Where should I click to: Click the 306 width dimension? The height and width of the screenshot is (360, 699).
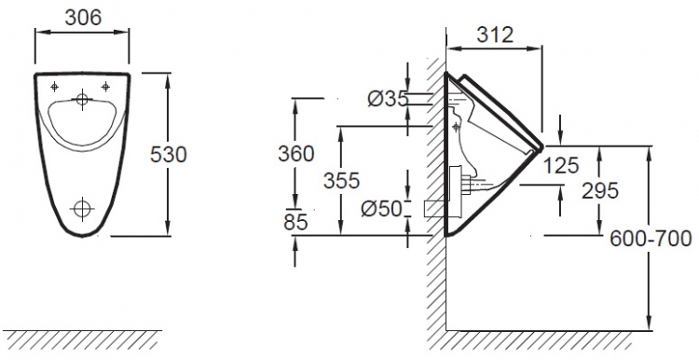pos(83,18)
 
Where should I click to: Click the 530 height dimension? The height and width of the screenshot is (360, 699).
pos(169,155)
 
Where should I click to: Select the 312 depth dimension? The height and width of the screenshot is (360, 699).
pos(495,35)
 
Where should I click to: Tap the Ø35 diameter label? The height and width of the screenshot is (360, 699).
pos(388,99)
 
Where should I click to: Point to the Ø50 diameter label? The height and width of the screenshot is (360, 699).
pos(381,208)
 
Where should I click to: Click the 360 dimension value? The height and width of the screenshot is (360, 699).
pos(296,154)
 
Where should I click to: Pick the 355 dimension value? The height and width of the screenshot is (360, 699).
pos(341,181)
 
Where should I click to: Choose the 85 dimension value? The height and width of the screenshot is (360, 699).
pos(295,222)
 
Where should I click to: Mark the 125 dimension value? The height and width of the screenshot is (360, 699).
pos(561,165)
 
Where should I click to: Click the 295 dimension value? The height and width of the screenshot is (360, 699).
pos(600,191)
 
